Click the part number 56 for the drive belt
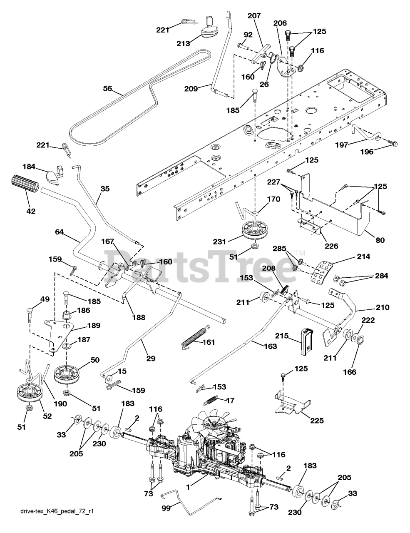(107, 88)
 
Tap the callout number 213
(182, 43)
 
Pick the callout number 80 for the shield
(380, 240)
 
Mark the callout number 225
(318, 421)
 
